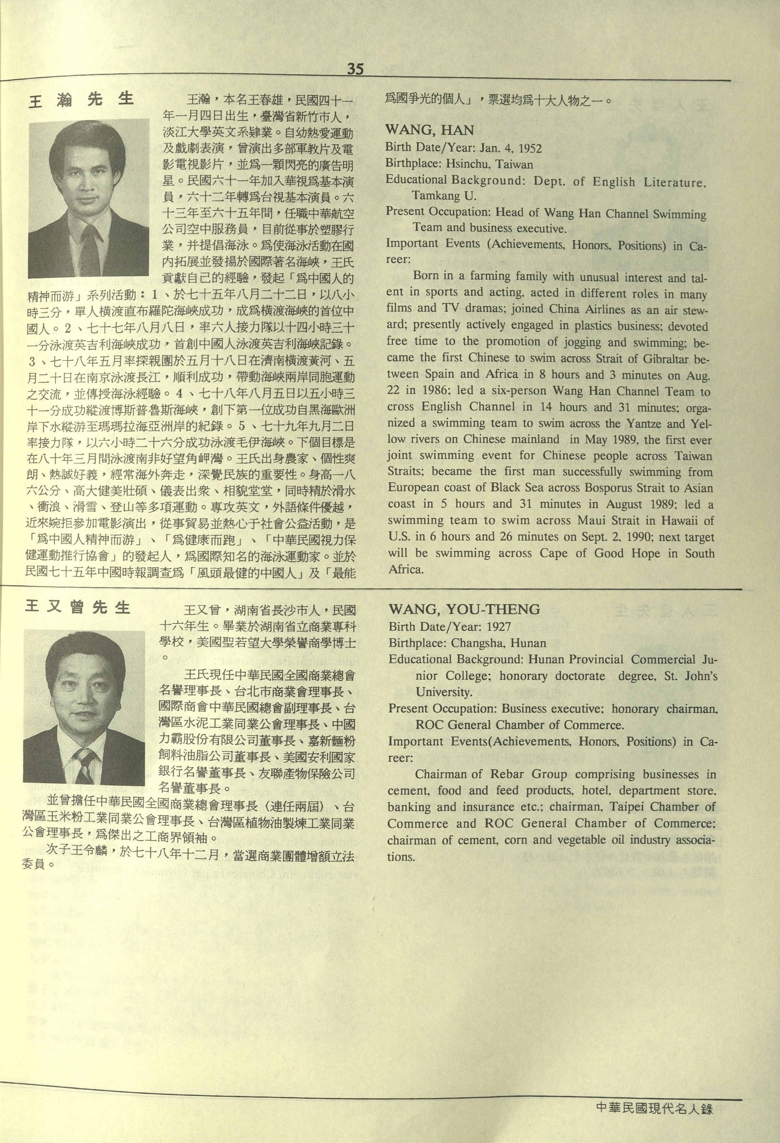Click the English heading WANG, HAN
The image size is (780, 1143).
pos(430,130)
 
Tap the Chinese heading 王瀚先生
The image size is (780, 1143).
pos(82,100)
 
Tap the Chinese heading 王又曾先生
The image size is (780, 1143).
pos(78,607)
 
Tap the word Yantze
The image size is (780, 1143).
pos(644,424)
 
